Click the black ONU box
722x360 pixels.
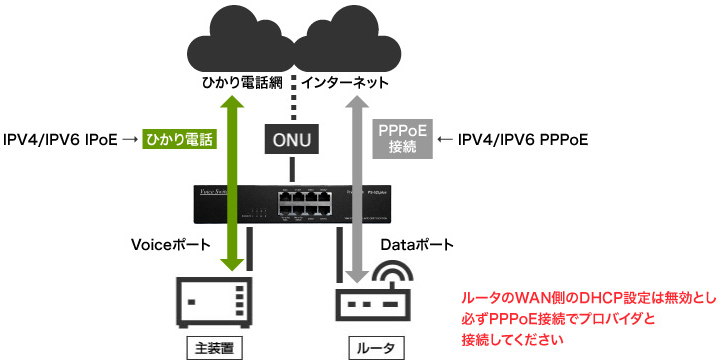292,139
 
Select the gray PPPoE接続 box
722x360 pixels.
402,139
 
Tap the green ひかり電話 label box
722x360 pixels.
180,139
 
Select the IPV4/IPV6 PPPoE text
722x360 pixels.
522,139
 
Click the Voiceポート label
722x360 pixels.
172,244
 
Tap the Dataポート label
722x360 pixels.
417,244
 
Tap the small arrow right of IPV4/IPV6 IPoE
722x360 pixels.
128,139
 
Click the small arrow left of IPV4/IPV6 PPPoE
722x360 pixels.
447,139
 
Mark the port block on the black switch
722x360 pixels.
306,202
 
